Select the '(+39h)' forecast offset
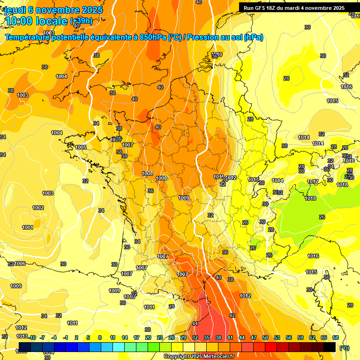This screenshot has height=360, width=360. click(x=81, y=21)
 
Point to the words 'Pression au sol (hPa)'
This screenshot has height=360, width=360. click(x=225, y=37)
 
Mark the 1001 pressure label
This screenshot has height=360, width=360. click(x=28, y=227)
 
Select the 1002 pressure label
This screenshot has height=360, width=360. click(x=38, y=208)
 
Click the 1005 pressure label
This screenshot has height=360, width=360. click(x=81, y=147)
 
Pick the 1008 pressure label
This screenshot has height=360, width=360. click(x=147, y=173)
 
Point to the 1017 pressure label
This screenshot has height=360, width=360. click(x=313, y=181)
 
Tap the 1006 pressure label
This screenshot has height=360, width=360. click(x=20, y=264)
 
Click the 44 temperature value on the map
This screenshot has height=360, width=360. click(x=195, y=324)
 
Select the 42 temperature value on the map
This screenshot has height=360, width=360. click(x=232, y=315)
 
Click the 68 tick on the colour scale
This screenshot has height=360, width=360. click(x=336, y=337)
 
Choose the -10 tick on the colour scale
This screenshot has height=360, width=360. click(x=32, y=337)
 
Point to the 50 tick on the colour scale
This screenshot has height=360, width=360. click(x=265, y=337)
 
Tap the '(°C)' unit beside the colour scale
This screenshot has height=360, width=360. click(x=345, y=347)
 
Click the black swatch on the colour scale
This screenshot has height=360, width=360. click(x=330, y=347)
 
